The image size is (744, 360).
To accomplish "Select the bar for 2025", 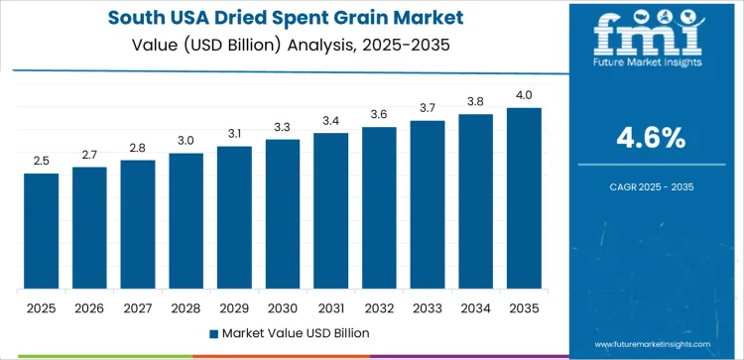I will pyautogui.click(x=42, y=231).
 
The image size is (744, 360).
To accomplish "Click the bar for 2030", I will pyautogui.click(x=283, y=214).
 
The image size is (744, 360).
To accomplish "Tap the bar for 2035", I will pyautogui.click(x=524, y=198).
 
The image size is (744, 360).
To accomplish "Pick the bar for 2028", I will pyautogui.click(x=186, y=221).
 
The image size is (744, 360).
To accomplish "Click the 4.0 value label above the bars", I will pyautogui.click(x=524, y=95).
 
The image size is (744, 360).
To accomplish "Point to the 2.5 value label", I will pyautogui.click(x=42, y=161).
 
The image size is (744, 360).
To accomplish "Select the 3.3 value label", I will pyautogui.click(x=283, y=127).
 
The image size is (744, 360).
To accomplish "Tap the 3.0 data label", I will pyautogui.click(x=186, y=141).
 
